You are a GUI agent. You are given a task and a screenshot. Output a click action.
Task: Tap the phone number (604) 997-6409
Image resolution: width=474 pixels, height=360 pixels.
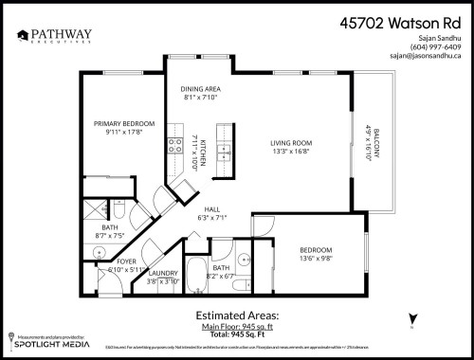(434, 45)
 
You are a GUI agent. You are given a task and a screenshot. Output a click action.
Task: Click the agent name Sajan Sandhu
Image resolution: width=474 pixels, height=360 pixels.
(438, 36)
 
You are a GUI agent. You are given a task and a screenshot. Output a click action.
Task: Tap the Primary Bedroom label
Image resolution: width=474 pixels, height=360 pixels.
(123, 123)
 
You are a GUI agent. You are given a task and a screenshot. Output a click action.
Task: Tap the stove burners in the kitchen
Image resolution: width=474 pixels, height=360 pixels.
(175, 145)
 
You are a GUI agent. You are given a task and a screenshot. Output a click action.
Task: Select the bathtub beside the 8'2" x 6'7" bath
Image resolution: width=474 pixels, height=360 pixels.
(195, 277)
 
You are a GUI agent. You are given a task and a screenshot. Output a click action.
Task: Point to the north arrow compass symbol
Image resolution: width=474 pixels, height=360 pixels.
(412, 319)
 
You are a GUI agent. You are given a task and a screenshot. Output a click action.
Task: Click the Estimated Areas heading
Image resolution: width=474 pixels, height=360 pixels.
(237, 314)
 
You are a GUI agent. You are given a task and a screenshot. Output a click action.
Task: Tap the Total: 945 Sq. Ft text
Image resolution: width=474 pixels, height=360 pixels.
(237, 334)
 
